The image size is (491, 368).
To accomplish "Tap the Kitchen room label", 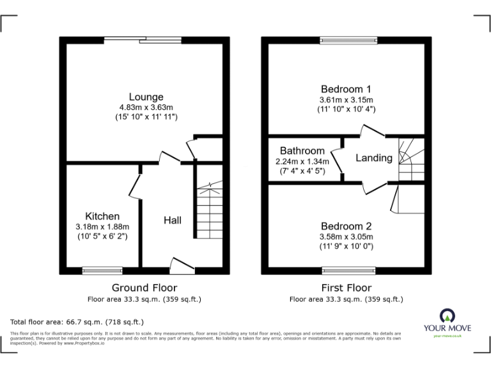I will pos(102,216).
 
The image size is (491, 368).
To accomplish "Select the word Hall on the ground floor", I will pos(173,220).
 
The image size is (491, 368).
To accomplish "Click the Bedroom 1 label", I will pos(346,89).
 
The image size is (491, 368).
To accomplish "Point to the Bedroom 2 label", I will pos(346,226).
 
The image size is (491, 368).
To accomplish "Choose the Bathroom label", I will pos(302,151).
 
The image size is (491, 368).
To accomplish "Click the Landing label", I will pos(374,158).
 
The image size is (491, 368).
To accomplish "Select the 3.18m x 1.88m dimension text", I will pos(102,227).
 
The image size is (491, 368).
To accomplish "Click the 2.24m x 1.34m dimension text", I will pos(302,161).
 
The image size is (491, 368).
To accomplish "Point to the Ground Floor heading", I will pos(144,288).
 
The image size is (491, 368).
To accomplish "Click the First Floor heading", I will pos(346,288).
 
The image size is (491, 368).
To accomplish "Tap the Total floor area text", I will pos(77,322).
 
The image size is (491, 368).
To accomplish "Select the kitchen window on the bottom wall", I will pos(102,270).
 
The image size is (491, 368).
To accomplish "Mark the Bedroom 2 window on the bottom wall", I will pos(349,270).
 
